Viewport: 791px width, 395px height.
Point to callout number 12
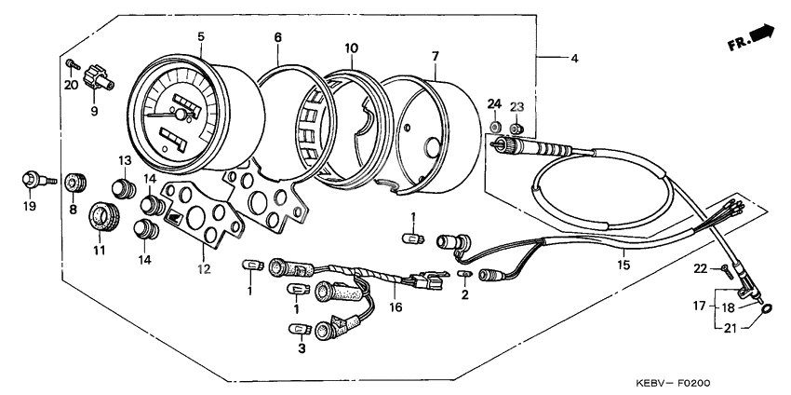click(x=204, y=269)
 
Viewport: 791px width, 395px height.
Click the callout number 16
click(x=395, y=306)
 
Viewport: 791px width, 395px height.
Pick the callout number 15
click(x=623, y=266)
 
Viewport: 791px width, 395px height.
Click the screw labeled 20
click(x=71, y=63)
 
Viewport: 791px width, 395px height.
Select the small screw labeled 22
click(x=724, y=270)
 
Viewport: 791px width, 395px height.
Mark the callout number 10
click(x=351, y=48)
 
